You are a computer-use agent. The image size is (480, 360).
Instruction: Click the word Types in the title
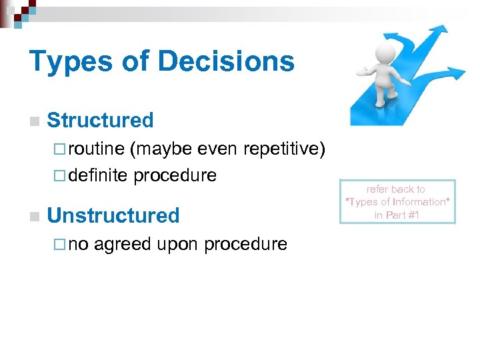(71, 62)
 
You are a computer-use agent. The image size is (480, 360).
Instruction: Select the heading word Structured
(101, 120)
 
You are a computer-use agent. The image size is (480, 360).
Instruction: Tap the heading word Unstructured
(114, 215)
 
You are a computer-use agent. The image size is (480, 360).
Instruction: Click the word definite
(98, 175)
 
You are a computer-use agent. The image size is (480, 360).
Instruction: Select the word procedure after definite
(175, 176)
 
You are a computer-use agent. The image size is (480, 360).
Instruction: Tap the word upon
(178, 245)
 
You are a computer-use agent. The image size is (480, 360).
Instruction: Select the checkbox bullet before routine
(58, 149)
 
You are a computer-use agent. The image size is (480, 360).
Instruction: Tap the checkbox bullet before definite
(58, 176)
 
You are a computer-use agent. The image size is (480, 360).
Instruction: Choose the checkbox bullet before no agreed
(58, 245)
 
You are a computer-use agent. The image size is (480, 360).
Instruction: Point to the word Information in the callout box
(419, 202)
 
